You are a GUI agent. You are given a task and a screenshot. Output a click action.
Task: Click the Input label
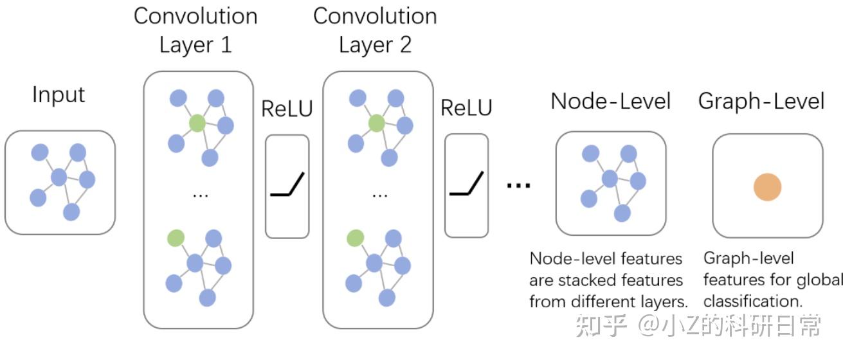tap(59, 95)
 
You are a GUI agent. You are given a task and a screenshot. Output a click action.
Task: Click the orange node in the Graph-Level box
tap(767, 188)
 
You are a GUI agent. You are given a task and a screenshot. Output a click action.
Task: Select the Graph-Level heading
tap(761, 101)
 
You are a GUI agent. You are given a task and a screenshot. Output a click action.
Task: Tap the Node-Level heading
tap(610, 101)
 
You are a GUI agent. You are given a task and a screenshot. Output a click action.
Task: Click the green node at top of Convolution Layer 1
tap(197, 123)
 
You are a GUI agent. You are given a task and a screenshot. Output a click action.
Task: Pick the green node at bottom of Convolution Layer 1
tap(175, 238)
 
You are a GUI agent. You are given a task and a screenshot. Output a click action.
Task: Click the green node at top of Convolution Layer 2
tap(377, 123)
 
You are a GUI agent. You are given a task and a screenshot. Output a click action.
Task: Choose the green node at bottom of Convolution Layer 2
tap(354, 239)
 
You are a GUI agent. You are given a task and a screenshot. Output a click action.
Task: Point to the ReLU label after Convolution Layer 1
tap(287, 109)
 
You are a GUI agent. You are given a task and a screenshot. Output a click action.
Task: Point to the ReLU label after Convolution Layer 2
tap(466, 108)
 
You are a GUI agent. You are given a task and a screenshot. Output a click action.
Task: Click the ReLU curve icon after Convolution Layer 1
tap(287, 186)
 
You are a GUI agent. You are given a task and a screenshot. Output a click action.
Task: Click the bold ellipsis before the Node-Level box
tap(518, 185)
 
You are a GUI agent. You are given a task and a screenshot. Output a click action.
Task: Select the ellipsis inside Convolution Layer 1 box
tap(200, 194)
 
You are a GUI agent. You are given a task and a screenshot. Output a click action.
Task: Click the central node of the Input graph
tap(59, 177)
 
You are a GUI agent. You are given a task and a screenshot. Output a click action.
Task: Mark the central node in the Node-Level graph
tap(610, 178)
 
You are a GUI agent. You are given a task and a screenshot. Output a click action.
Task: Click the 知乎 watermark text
tap(601, 327)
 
